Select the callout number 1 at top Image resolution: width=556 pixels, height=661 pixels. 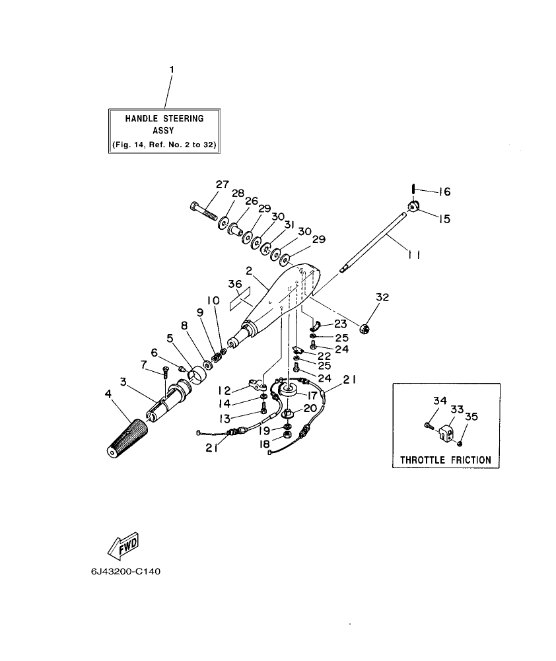pos(172,69)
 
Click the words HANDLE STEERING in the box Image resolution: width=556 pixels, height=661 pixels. pos(164,119)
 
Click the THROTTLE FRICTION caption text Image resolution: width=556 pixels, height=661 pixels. pos(446,460)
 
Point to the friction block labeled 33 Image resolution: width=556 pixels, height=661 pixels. pos(444,433)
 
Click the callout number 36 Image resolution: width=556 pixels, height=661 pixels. pos(235,284)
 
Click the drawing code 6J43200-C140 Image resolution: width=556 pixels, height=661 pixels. pos(126,572)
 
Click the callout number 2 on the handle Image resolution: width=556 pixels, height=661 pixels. pos(250,270)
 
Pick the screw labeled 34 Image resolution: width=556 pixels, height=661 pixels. pos(429,427)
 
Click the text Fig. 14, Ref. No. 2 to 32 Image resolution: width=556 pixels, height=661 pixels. pos(164,143)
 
